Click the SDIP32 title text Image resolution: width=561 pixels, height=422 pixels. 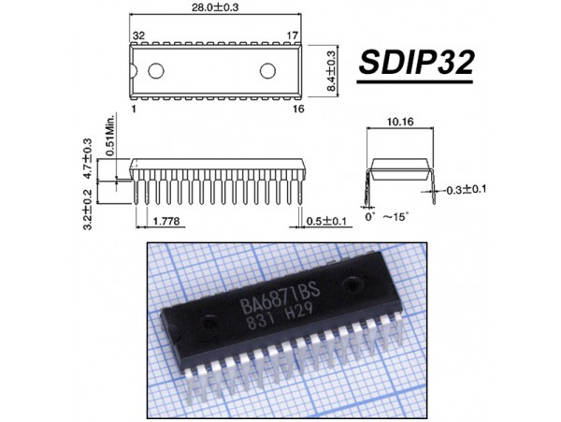coord(417,63)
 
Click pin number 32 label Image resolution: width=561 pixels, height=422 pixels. coord(138,36)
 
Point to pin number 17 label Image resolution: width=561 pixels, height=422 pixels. coord(292,36)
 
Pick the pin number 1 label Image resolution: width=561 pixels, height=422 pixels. coord(135,109)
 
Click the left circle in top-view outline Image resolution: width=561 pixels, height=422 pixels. coord(155,71)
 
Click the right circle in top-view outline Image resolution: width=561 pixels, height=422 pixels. coord(268,71)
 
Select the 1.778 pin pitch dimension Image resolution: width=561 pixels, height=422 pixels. coord(165,221)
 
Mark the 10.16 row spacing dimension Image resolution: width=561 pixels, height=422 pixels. coord(400,123)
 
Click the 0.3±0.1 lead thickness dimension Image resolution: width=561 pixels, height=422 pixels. coord(469,190)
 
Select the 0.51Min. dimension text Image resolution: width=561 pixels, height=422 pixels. coord(108,137)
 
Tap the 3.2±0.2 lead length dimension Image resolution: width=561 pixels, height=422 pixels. coord(88,209)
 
